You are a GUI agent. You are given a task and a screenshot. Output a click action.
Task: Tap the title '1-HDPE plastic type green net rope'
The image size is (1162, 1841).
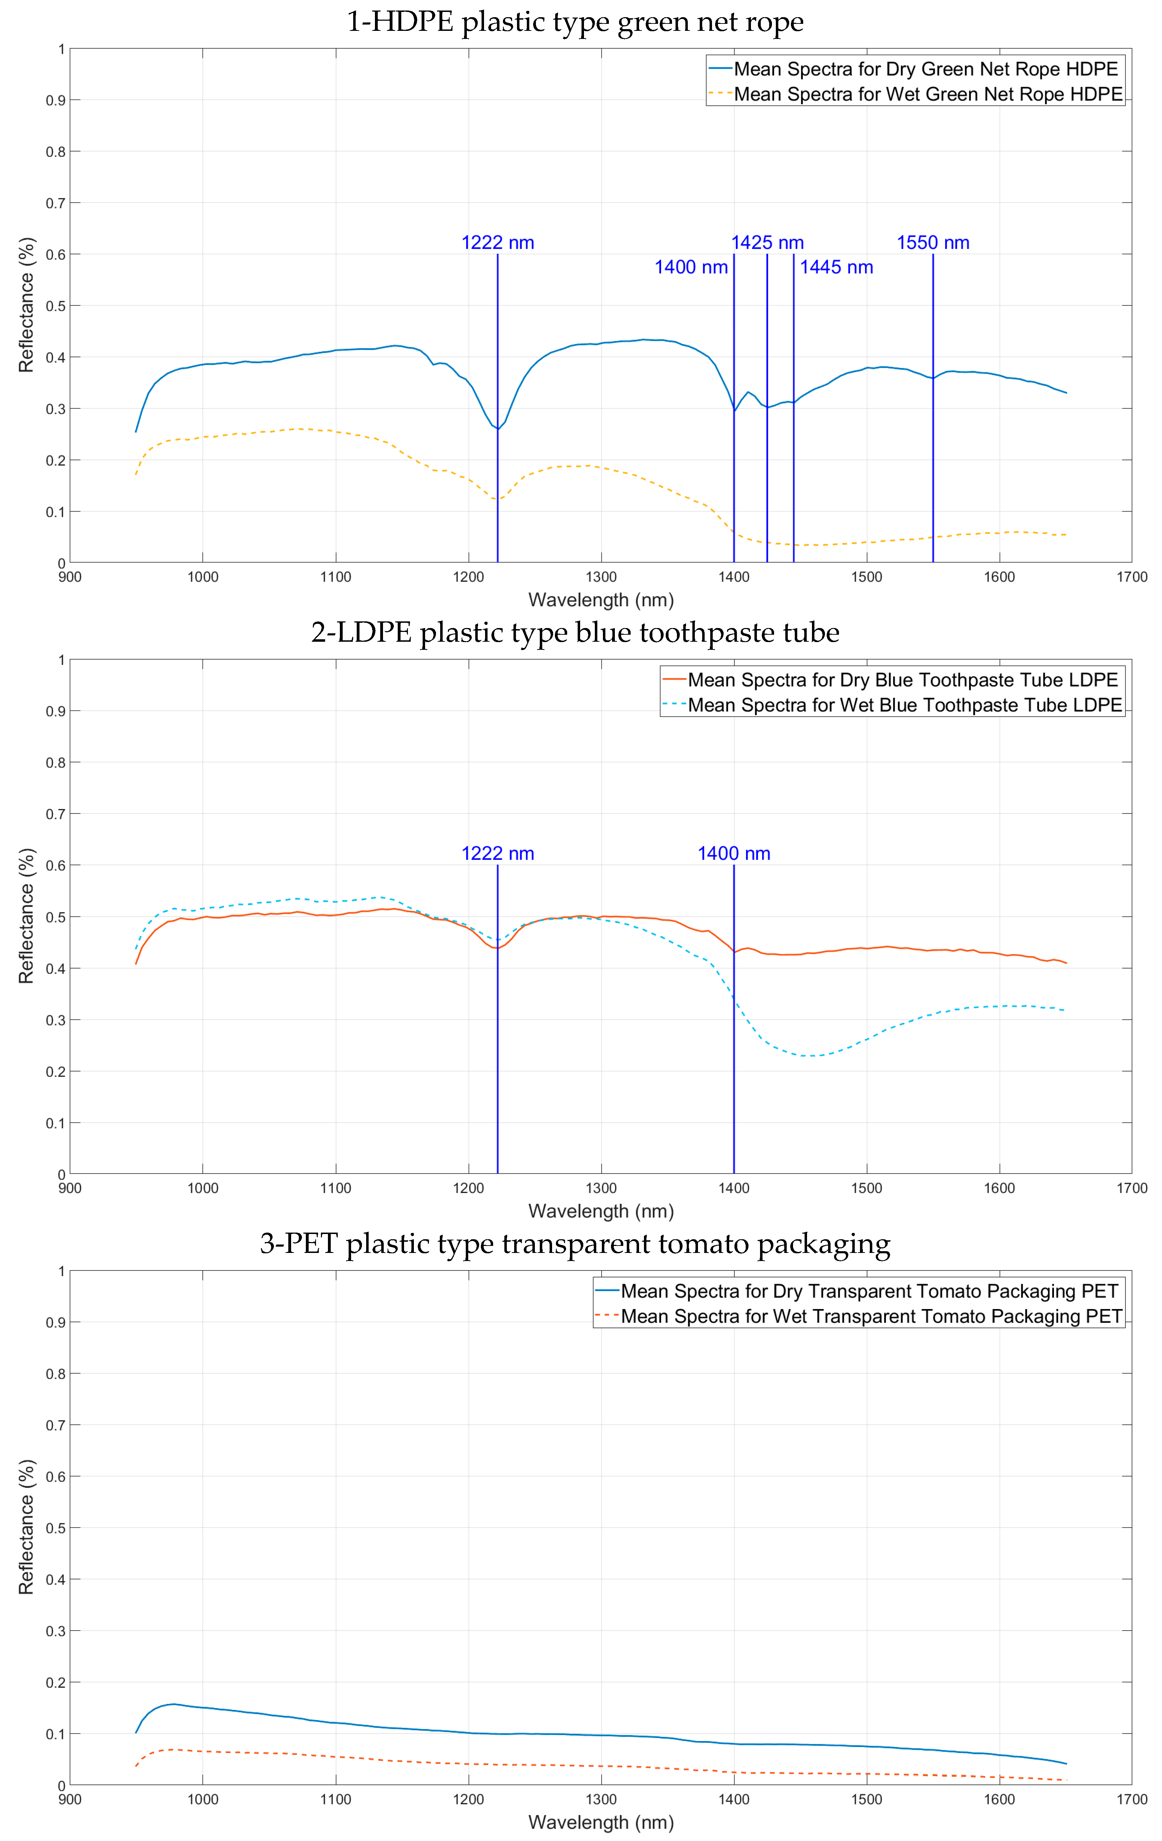(x=575, y=21)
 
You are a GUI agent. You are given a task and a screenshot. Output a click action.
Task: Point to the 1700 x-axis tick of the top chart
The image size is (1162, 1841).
(x=1131, y=577)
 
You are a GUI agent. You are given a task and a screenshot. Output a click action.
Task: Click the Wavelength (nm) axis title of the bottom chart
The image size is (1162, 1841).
(x=601, y=1822)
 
